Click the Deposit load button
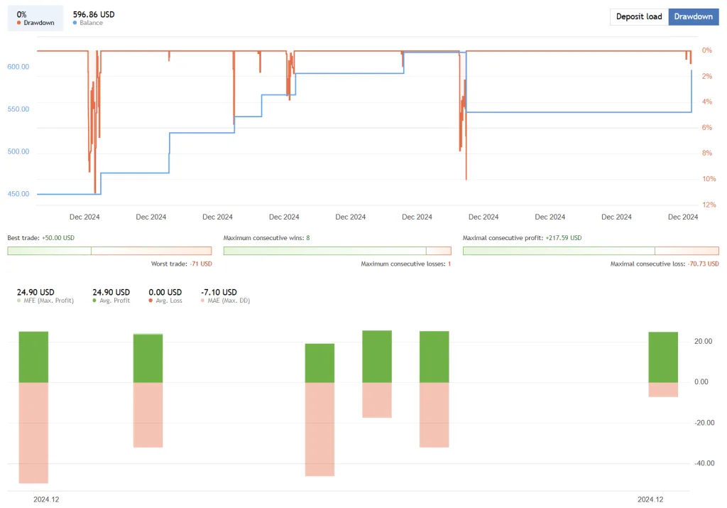coord(639,16)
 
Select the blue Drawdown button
coord(693,16)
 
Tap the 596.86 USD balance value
coord(94,14)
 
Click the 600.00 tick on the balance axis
coord(18,67)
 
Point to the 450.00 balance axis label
coord(18,194)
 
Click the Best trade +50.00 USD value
coord(58,238)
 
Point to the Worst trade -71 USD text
coord(181,264)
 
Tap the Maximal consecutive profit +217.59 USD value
coord(563,238)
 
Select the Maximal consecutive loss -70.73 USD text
coord(665,264)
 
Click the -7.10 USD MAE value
coord(219,292)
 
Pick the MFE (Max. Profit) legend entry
coord(45,301)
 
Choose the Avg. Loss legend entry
coord(165,301)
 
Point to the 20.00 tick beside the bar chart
coord(703,342)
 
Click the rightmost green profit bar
coord(663,357)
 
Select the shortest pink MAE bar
coord(663,389)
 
